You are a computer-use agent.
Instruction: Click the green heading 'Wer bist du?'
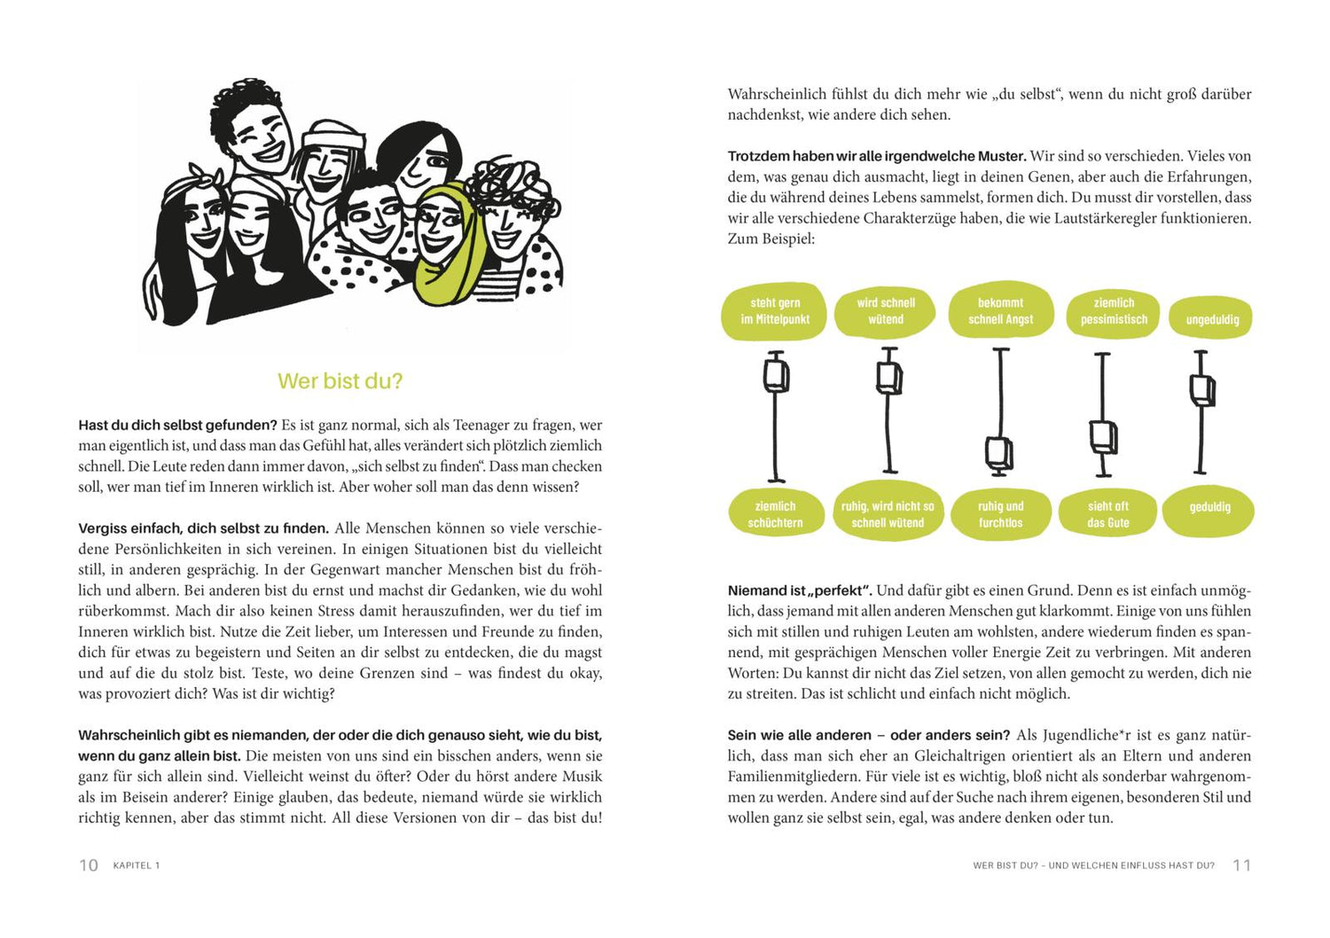tap(340, 381)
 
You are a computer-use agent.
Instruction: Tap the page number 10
tap(89, 865)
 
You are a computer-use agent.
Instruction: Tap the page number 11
tap(1241, 865)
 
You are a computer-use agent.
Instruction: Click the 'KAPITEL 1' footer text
tap(137, 865)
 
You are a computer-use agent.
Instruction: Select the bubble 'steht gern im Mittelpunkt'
tap(775, 311)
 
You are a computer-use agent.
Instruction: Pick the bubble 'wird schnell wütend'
tap(886, 311)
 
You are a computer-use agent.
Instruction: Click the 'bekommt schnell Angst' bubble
tap(1000, 311)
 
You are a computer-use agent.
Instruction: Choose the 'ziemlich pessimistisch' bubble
tap(1114, 311)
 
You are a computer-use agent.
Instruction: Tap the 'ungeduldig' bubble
tap(1212, 319)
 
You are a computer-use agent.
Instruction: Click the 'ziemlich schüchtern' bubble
tap(775, 514)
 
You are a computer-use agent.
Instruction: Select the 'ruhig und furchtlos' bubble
tap(1000, 514)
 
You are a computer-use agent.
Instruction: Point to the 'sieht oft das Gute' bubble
tap(1107, 514)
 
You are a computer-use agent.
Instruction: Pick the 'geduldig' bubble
tap(1209, 507)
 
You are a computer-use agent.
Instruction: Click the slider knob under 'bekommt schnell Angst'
tap(999, 453)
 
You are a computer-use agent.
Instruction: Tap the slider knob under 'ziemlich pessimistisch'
tap(1103, 436)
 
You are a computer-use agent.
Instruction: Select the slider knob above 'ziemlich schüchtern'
tap(776, 373)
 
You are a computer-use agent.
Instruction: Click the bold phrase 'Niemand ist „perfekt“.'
tap(800, 590)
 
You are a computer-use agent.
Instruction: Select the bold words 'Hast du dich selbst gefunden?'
tap(177, 426)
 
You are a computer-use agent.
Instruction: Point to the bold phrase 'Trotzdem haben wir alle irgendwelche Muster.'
tap(877, 156)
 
